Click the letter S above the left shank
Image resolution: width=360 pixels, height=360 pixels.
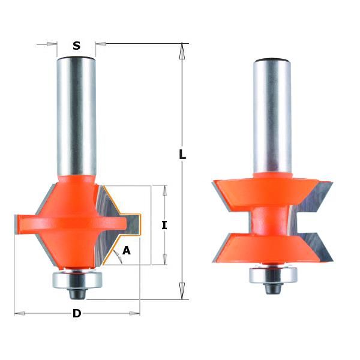pos(76,46)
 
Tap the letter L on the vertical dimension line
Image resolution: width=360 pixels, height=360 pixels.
pos(182,154)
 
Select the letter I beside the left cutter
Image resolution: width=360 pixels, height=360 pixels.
pos(164,225)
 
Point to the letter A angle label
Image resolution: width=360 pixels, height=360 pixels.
pos(126,250)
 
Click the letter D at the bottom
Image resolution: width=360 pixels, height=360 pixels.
pos(77,313)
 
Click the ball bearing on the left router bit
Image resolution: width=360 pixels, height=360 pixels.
pos(77,280)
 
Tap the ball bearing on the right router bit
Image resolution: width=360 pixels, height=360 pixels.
pos(273,275)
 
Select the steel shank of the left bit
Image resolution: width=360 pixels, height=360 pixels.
pos(76,116)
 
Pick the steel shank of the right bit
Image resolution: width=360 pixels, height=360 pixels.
pos(272,116)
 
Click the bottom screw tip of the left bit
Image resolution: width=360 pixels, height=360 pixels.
pos(77,294)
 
